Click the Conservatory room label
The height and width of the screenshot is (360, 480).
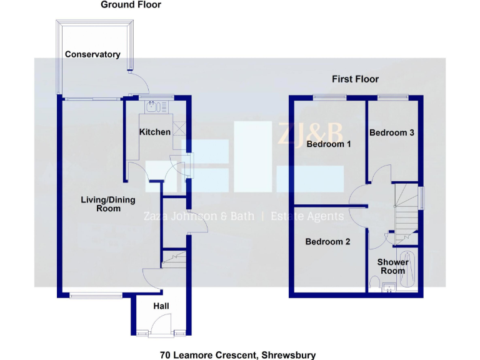pos(92,54)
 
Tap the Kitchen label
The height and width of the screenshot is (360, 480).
pos(154,132)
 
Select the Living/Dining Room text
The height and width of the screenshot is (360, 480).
pos(108,204)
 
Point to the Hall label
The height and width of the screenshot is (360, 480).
pos(161,306)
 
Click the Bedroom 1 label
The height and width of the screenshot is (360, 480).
pos(329,144)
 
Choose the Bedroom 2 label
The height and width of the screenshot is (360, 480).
pos(327,242)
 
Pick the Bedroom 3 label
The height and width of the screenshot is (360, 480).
pos(392,132)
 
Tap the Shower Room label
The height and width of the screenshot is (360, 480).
pos(393,266)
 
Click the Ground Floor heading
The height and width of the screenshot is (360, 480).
pos(131,5)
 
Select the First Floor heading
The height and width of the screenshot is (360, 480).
pos(355,79)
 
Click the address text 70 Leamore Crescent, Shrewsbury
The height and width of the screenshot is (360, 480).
pos(237,355)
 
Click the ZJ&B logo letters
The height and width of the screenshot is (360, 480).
pos(311,133)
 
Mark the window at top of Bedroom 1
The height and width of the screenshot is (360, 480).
pos(330,96)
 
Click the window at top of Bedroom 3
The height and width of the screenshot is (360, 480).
pos(393,96)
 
